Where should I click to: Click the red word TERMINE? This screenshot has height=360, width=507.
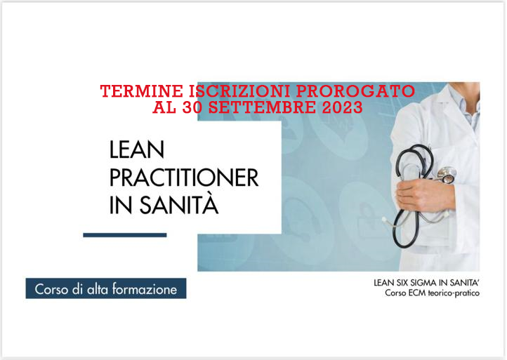[x=141, y=91]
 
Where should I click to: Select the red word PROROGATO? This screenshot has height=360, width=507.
[x=355, y=91]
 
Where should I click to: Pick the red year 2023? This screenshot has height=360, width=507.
[x=342, y=107]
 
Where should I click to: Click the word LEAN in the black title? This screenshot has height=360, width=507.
[x=137, y=149]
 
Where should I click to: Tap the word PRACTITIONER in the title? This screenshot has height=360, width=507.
[x=184, y=178]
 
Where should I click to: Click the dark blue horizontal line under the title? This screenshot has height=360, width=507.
[x=125, y=235]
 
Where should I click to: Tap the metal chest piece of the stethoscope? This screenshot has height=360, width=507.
[x=447, y=175]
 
